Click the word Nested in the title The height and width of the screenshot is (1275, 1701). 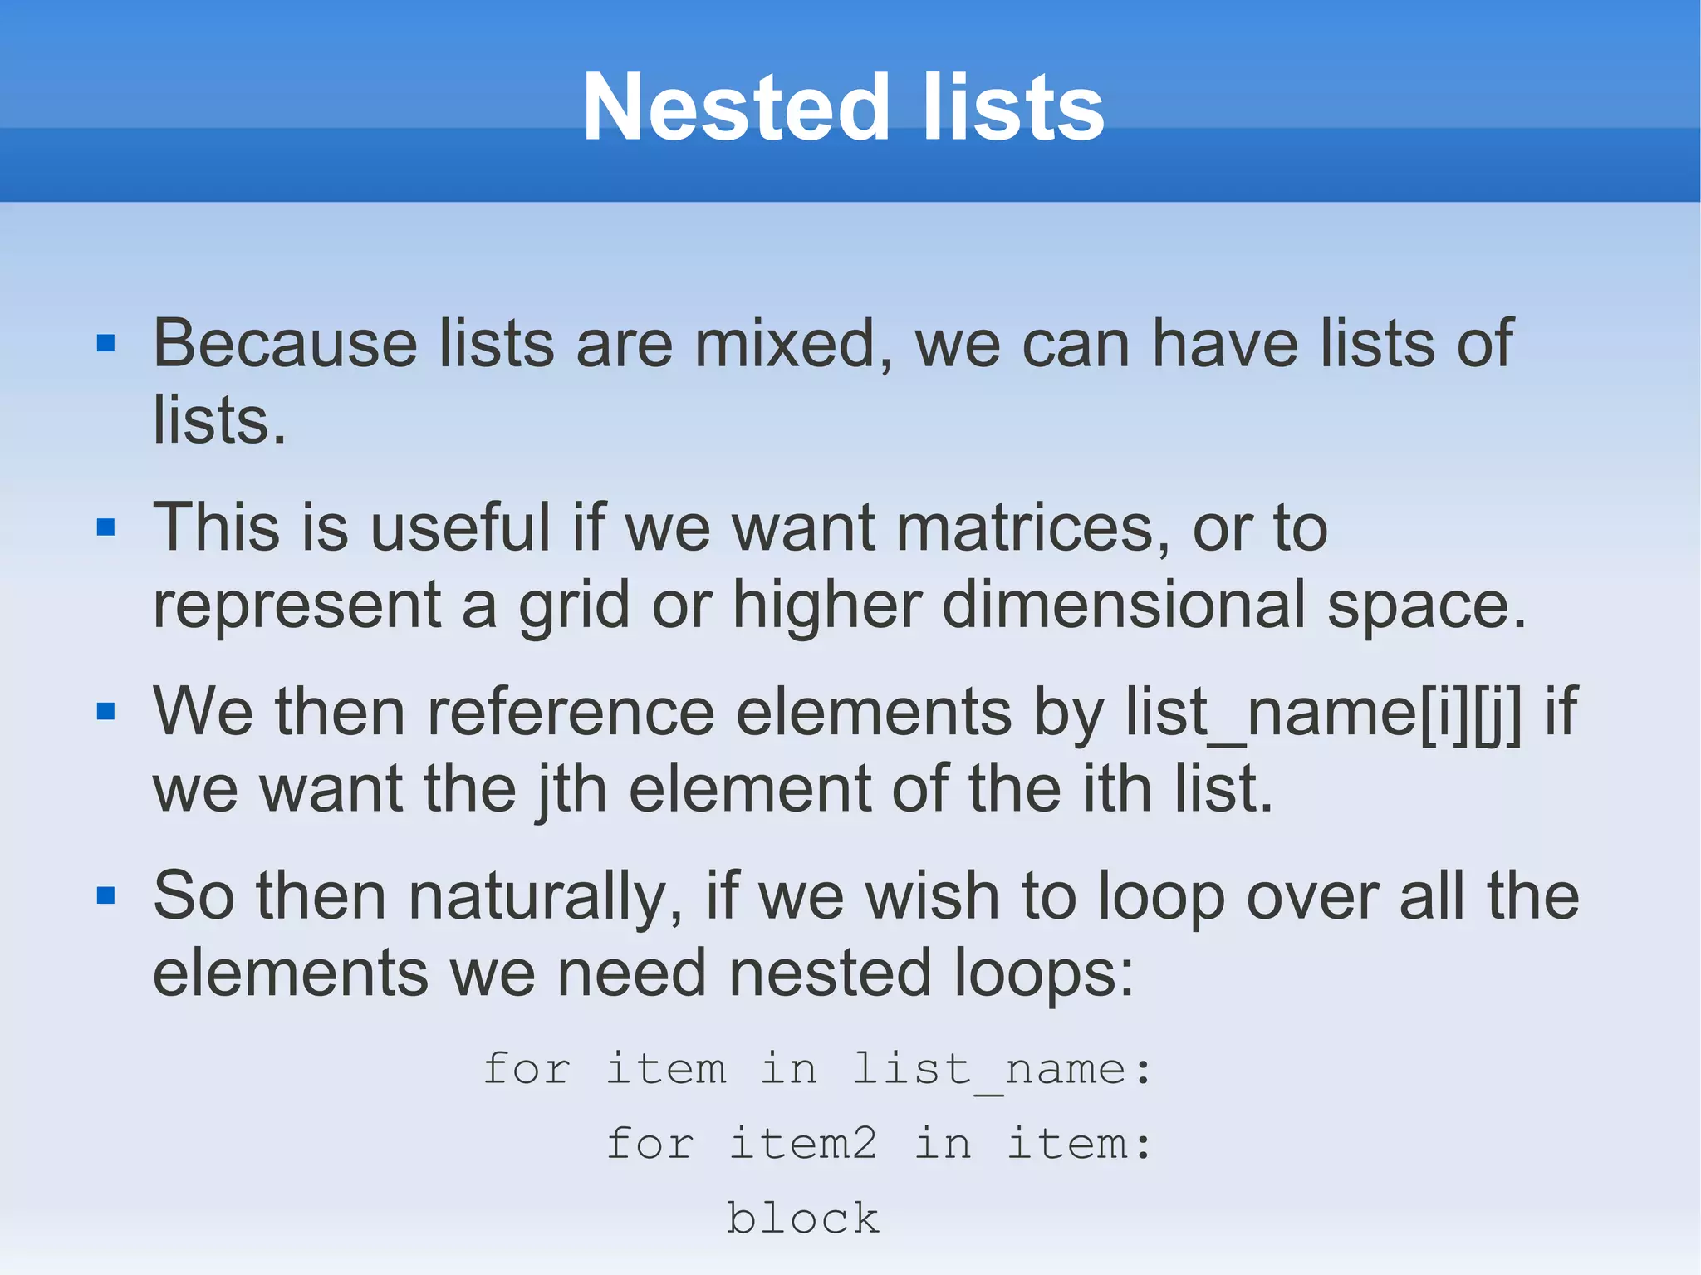pyautogui.click(x=736, y=108)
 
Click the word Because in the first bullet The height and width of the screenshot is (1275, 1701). pyautogui.click(x=285, y=343)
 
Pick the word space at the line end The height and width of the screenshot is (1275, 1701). pyautogui.click(x=1425, y=605)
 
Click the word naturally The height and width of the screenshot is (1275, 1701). pyautogui.click(x=545, y=896)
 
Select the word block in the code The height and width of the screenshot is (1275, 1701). pyautogui.click(x=803, y=1219)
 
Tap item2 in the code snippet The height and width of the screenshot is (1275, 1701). pyautogui.click(x=803, y=1144)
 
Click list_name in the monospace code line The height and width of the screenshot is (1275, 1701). pyautogui.click(x=989, y=1069)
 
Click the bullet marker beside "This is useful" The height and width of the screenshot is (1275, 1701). pyautogui.click(x=105, y=527)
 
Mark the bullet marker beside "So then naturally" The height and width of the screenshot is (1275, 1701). pyautogui.click(x=105, y=895)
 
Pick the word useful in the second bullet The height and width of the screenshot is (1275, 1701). pyautogui.click(x=460, y=527)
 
